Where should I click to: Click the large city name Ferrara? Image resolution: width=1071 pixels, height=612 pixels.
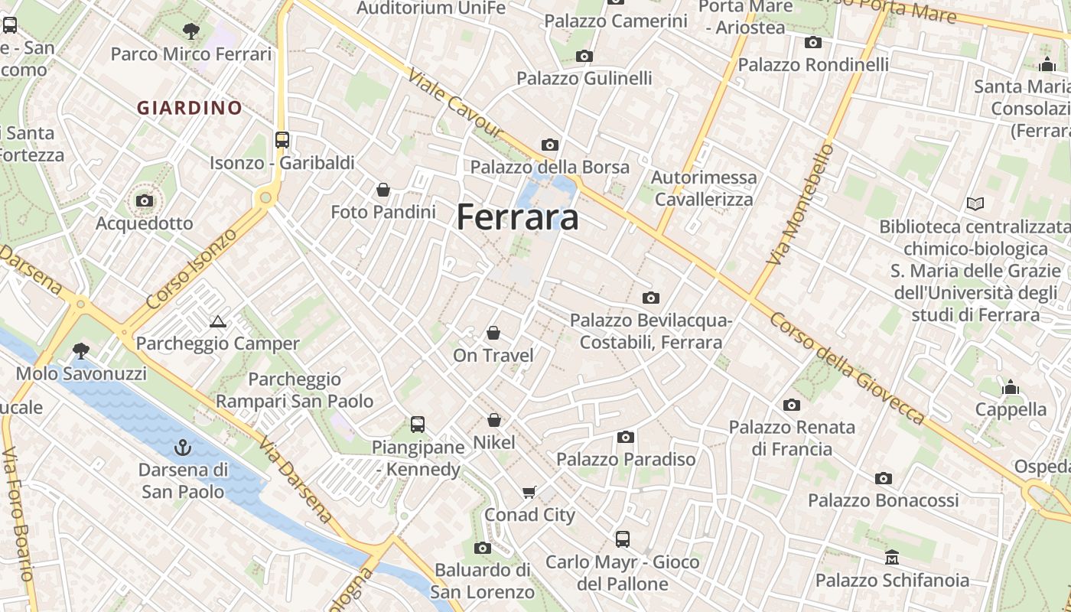(517, 217)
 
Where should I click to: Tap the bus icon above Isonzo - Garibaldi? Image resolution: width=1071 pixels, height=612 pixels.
(282, 139)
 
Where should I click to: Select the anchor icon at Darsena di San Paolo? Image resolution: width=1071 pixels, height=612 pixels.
(183, 447)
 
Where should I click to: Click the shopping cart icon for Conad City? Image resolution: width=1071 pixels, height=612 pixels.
(529, 492)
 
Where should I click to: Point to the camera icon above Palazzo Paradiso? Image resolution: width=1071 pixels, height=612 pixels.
(626, 437)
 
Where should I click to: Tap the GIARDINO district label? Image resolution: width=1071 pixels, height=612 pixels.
(190, 108)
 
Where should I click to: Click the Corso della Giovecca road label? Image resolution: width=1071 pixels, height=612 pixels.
(848, 368)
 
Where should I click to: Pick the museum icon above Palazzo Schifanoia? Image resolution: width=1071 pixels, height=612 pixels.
(891, 557)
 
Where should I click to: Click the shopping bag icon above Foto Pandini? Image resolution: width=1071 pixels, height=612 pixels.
(383, 189)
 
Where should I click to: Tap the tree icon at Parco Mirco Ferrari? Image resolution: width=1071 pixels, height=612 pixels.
(191, 31)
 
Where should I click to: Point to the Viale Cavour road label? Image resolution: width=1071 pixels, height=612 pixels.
(456, 105)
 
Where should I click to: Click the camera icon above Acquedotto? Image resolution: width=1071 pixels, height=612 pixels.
(144, 200)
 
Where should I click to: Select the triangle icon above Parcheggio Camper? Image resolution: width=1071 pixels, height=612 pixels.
(218, 321)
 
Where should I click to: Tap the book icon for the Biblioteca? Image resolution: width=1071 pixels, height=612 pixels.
(975, 203)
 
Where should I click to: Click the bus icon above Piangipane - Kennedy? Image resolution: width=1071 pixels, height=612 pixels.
(418, 424)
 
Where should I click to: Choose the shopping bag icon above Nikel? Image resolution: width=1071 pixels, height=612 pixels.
(494, 420)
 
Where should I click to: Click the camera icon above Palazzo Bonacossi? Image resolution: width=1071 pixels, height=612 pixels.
(884, 478)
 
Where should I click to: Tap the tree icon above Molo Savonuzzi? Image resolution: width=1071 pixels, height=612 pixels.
(80, 351)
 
